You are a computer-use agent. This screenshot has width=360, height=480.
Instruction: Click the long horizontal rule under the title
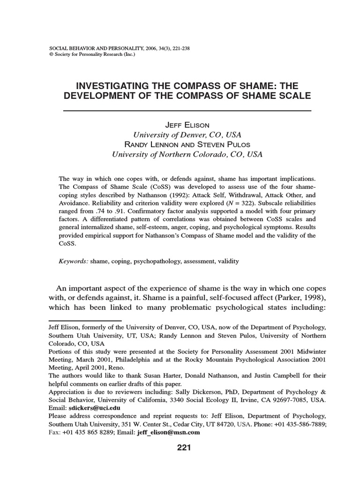tap(187, 111)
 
